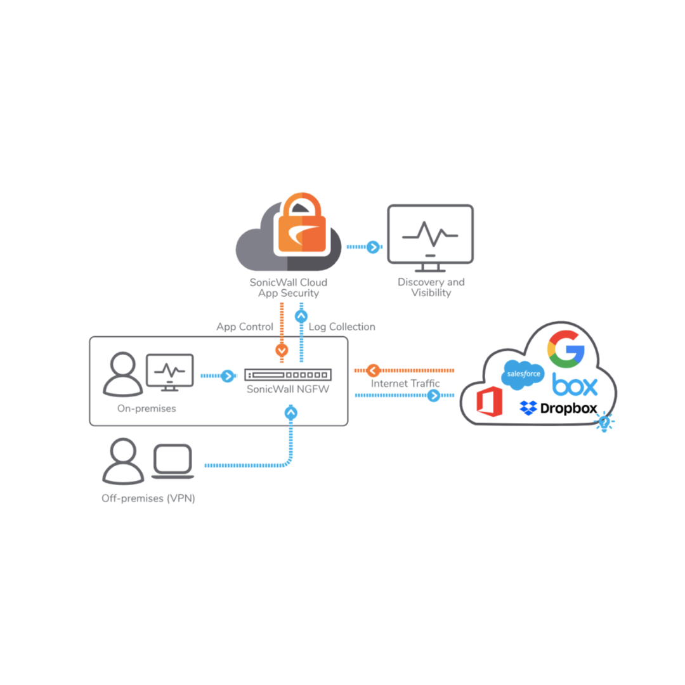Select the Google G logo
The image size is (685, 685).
(x=566, y=349)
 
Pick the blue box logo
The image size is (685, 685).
(x=575, y=384)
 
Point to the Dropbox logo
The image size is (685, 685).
(x=558, y=408)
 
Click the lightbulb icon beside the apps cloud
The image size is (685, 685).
(x=604, y=421)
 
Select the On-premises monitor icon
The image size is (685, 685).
(x=170, y=372)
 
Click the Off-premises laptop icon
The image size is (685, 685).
(x=172, y=461)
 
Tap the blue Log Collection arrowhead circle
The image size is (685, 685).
(x=301, y=315)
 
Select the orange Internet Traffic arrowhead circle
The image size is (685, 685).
(x=372, y=370)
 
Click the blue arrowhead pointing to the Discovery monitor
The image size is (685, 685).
(x=374, y=247)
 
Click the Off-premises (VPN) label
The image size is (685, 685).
(x=148, y=499)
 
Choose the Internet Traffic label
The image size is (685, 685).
(x=405, y=384)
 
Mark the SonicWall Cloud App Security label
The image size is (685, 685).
(x=289, y=287)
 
